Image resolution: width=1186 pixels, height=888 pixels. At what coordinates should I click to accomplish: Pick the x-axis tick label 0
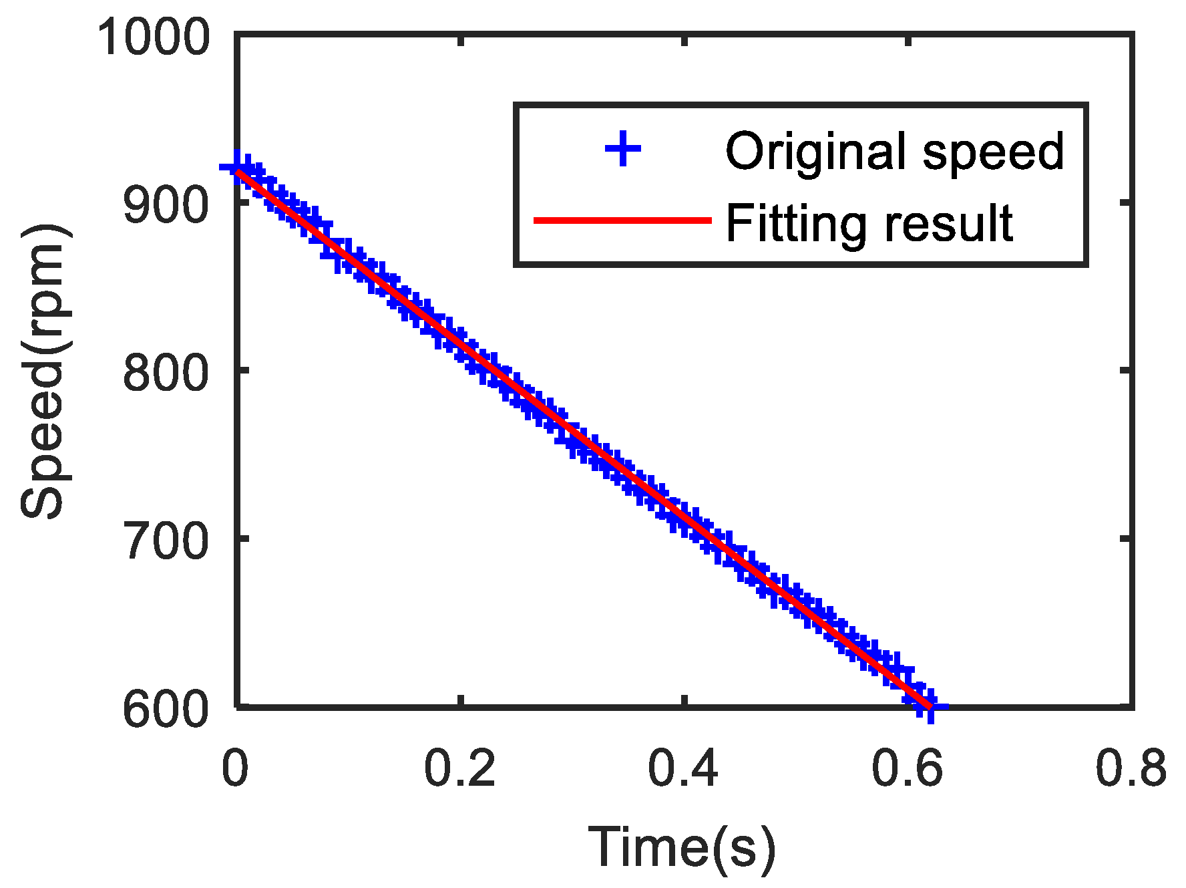click(x=235, y=768)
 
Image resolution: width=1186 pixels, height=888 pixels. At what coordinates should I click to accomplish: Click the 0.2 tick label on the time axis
click(x=460, y=768)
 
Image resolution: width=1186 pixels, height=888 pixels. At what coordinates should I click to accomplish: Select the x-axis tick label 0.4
click(x=684, y=768)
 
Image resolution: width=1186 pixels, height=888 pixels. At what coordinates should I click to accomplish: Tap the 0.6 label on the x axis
click(x=908, y=768)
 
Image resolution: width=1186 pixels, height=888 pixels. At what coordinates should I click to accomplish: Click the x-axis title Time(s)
click(x=682, y=847)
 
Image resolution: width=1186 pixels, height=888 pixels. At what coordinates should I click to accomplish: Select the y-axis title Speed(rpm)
click(x=43, y=372)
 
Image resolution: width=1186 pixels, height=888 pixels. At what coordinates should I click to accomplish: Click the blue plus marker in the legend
click(x=623, y=149)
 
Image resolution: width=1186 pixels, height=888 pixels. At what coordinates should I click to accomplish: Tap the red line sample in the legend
click(x=622, y=220)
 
